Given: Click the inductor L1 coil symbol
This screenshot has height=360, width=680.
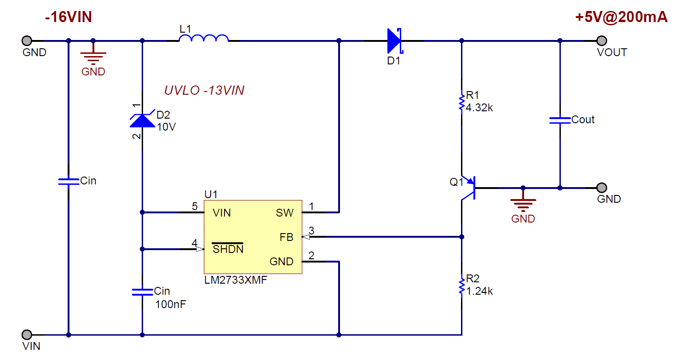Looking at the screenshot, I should point(203,39).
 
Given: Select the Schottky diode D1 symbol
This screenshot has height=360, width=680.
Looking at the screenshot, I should point(394,41).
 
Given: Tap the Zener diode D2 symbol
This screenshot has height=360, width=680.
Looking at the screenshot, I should point(142,119).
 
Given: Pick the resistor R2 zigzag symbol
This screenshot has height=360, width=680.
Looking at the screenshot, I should point(461,285).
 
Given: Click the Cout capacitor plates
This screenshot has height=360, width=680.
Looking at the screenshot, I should point(560,120).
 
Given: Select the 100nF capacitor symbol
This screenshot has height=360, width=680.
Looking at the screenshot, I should point(142,291).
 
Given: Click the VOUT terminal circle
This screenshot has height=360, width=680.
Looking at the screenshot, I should point(601,41).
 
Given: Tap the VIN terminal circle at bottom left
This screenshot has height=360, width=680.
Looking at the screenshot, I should point(27,334).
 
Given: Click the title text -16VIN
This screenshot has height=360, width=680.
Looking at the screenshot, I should point(69,17).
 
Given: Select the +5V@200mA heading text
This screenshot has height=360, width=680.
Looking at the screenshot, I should point(621,17).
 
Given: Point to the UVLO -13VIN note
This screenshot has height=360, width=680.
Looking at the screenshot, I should point(204,91).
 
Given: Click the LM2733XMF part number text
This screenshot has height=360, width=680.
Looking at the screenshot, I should point(236,280).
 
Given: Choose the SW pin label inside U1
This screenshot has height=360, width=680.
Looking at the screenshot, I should point(284,213).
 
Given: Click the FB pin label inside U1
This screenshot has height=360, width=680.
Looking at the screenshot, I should point(286,237).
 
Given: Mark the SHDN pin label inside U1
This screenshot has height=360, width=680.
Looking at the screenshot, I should point(228,249).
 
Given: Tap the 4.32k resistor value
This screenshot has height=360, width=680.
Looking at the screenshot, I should point(479,108).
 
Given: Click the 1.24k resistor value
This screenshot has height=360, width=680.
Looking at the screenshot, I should point(479,291).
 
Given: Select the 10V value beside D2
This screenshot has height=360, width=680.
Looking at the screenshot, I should point(166,126).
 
